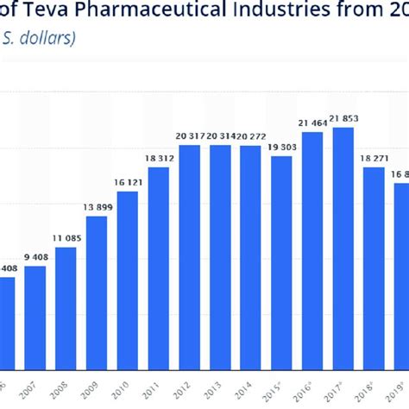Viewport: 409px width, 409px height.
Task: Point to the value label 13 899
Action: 97,208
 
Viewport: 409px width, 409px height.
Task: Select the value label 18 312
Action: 158,158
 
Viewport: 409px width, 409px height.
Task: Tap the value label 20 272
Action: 250,136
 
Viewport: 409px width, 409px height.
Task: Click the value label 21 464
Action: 312,123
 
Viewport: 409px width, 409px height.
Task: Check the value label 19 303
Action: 281,147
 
